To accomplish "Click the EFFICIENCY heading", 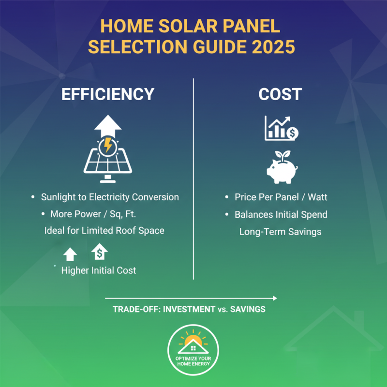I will pyautogui.click(x=108, y=94).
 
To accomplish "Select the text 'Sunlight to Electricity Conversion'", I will pyautogui.click(x=110, y=197).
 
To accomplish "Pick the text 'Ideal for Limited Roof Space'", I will pyautogui.click(x=104, y=230).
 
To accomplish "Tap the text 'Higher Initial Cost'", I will pyautogui.click(x=99, y=270).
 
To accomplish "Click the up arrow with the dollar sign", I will pyautogui.click(x=99, y=252).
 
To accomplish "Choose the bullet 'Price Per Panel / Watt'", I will pyautogui.click(x=281, y=197).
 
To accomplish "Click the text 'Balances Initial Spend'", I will pyautogui.click(x=281, y=214).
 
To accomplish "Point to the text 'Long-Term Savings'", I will pyautogui.click(x=280, y=232).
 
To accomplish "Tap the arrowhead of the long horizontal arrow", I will pyautogui.click(x=275, y=298).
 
